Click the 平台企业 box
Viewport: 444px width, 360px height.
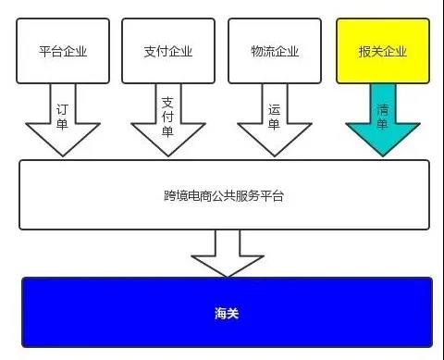coord(64,50)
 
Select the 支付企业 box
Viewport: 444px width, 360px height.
coord(168,50)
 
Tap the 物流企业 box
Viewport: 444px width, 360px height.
coord(275,50)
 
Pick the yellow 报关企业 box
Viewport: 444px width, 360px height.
coord(382,50)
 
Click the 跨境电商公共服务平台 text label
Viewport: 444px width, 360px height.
coord(225,196)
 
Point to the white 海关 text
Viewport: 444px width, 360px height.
coord(227,314)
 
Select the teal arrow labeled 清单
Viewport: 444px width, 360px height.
coord(382,120)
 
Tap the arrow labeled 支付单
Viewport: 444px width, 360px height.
coord(168,120)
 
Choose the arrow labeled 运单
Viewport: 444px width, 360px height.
coord(275,120)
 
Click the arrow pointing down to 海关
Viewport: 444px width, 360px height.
coord(227,252)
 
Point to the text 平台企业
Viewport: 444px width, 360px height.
coord(64,51)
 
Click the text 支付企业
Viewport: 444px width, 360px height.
coord(168,51)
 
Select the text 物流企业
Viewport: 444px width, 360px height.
coord(275,51)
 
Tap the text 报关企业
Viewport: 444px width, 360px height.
coord(382,51)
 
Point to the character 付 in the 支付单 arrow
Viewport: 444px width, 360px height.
coord(168,117)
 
